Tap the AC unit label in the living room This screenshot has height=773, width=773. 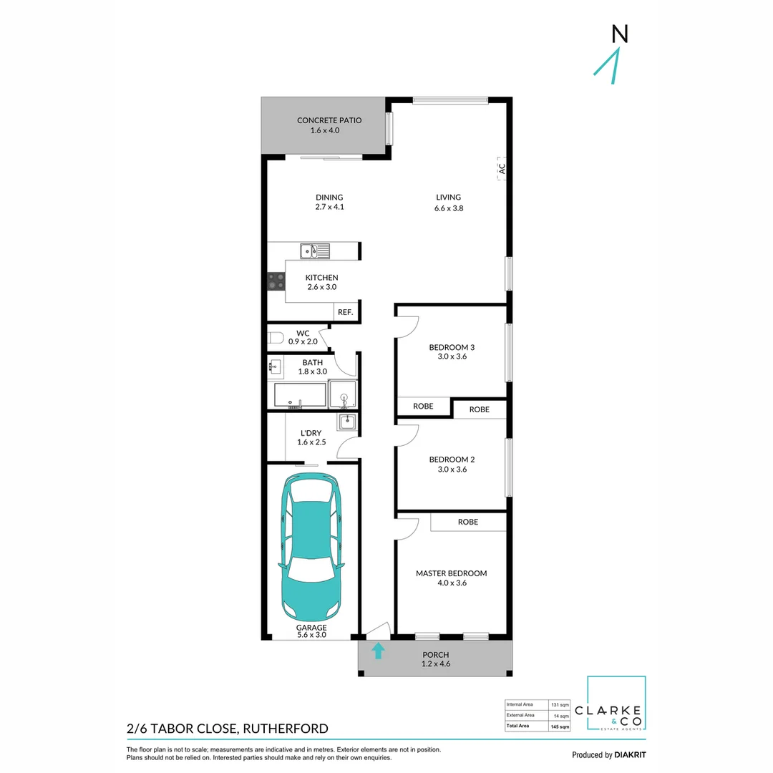[502, 169]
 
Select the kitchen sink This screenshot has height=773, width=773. [315, 251]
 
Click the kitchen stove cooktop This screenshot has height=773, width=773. [276, 281]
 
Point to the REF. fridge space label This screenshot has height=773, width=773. [345, 312]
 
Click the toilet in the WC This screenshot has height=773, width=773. [275, 337]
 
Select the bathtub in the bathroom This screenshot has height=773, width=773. [300, 396]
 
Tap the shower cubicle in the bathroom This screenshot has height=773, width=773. [342, 394]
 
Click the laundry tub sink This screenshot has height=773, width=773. [347, 422]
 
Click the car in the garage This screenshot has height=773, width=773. [311, 548]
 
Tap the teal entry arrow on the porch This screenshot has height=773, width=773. [378, 651]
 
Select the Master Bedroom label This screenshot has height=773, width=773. [451, 573]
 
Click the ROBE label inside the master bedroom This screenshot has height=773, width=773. [468, 522]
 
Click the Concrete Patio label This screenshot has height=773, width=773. [329, 120]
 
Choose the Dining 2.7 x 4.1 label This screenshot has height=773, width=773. [329, 203]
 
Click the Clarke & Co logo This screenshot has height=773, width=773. [616, 704]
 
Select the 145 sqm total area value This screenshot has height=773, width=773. [560, 726]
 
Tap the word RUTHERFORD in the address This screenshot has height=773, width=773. [286, 729]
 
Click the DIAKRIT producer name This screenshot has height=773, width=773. [633, 754]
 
